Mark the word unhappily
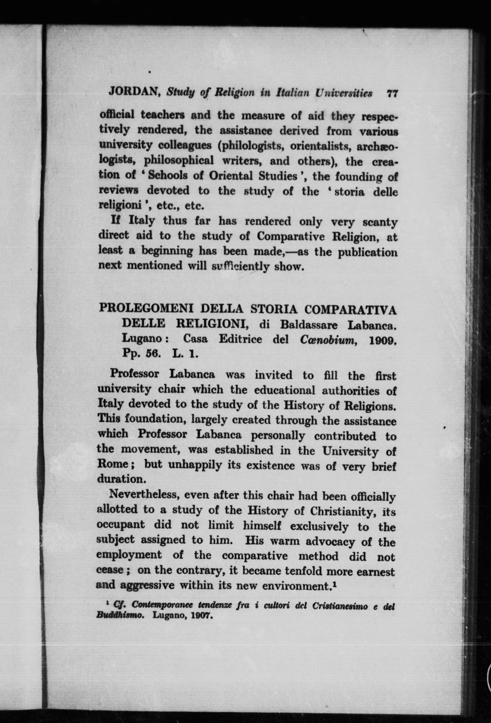tap(194, 466)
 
